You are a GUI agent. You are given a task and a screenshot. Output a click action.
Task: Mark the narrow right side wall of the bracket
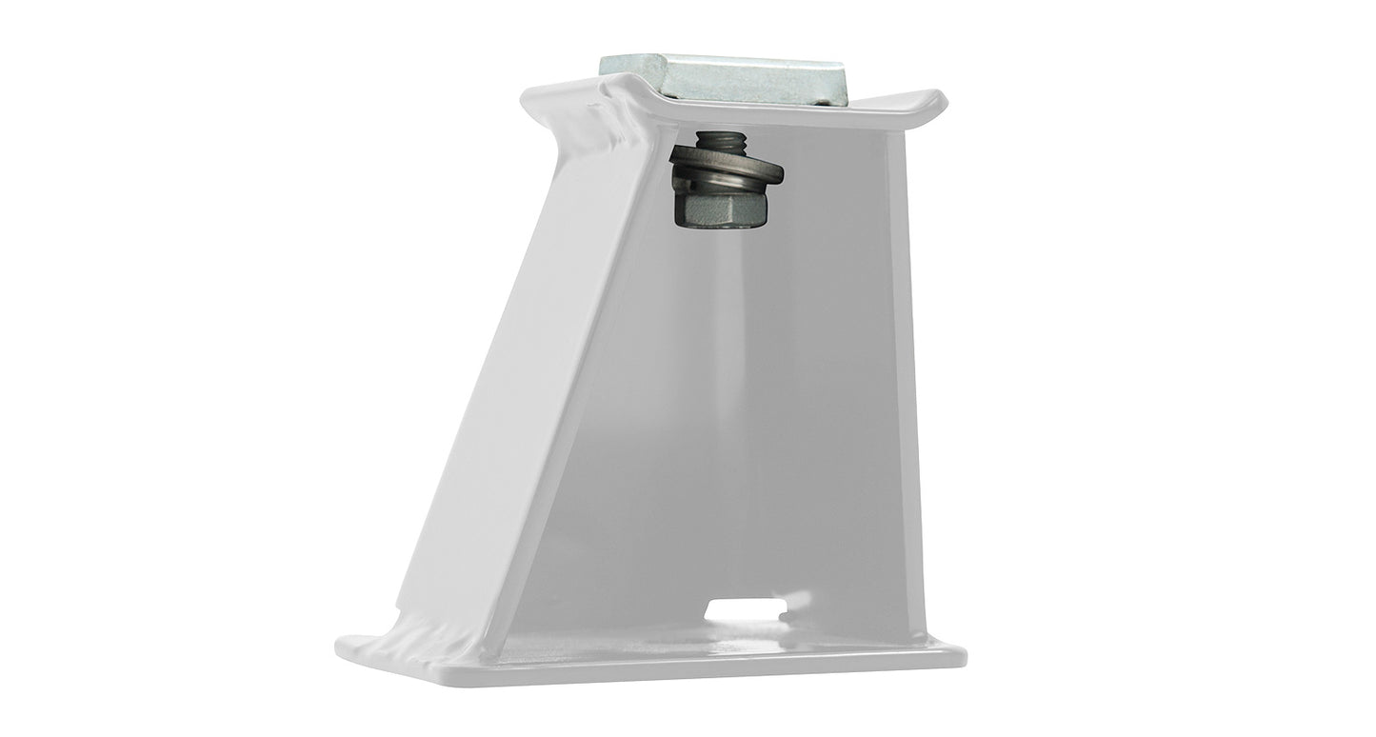tap(901, 381)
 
